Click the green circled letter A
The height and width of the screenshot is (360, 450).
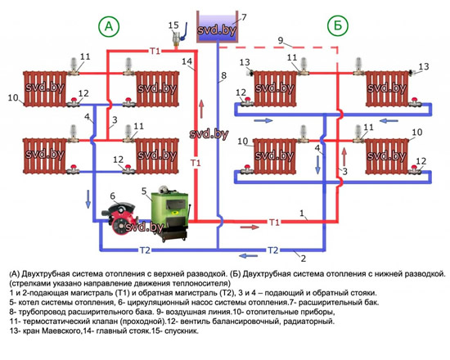click(x=108, y=27)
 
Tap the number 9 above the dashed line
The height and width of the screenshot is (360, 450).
click(x=280, y=39)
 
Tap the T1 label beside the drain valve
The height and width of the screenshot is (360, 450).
click(x=155, y=52)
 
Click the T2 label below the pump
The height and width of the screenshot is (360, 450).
click(x=144, y=250)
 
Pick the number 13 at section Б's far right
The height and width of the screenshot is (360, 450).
click(x=422, y=66)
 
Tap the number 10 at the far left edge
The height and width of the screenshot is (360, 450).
click(x=12, y=97)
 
